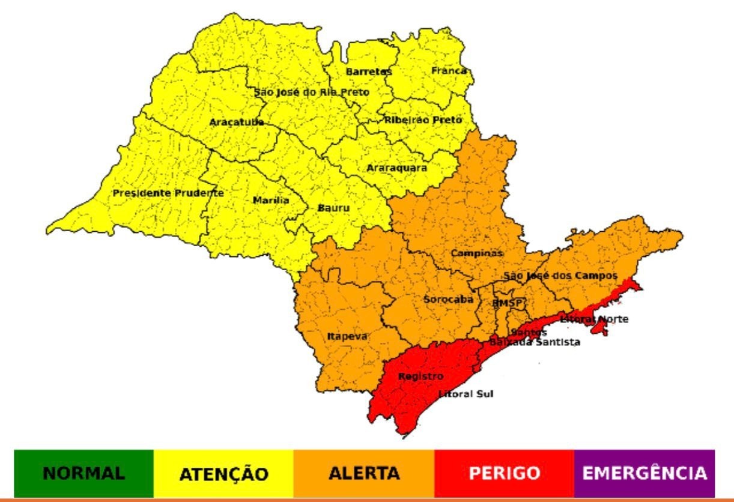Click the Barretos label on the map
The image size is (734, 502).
coord(368,71)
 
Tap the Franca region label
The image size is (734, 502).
coord(449,71)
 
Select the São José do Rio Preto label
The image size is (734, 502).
coord(311,92)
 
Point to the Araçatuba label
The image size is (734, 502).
coord(236,122)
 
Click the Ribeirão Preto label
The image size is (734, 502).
coord(423,120)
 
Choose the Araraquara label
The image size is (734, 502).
coord(396,168)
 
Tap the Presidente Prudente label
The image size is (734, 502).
coord(168,193)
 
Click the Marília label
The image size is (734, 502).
coord(270,200)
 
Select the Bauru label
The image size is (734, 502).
coord(333,208)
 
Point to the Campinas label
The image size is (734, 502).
coord(476,253)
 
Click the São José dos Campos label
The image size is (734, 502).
coord(560,276)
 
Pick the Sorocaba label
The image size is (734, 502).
coord(448,299)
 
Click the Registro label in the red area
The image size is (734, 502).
coord(420,376)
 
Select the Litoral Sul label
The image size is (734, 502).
coord(466,395)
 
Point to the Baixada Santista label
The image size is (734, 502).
coord(535,342)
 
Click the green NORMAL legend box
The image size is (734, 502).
coord(83,473)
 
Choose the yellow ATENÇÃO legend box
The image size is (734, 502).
coord(223,473)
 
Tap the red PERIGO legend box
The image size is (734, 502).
coord(504,473)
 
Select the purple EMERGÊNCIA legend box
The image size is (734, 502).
coord(645,473)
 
